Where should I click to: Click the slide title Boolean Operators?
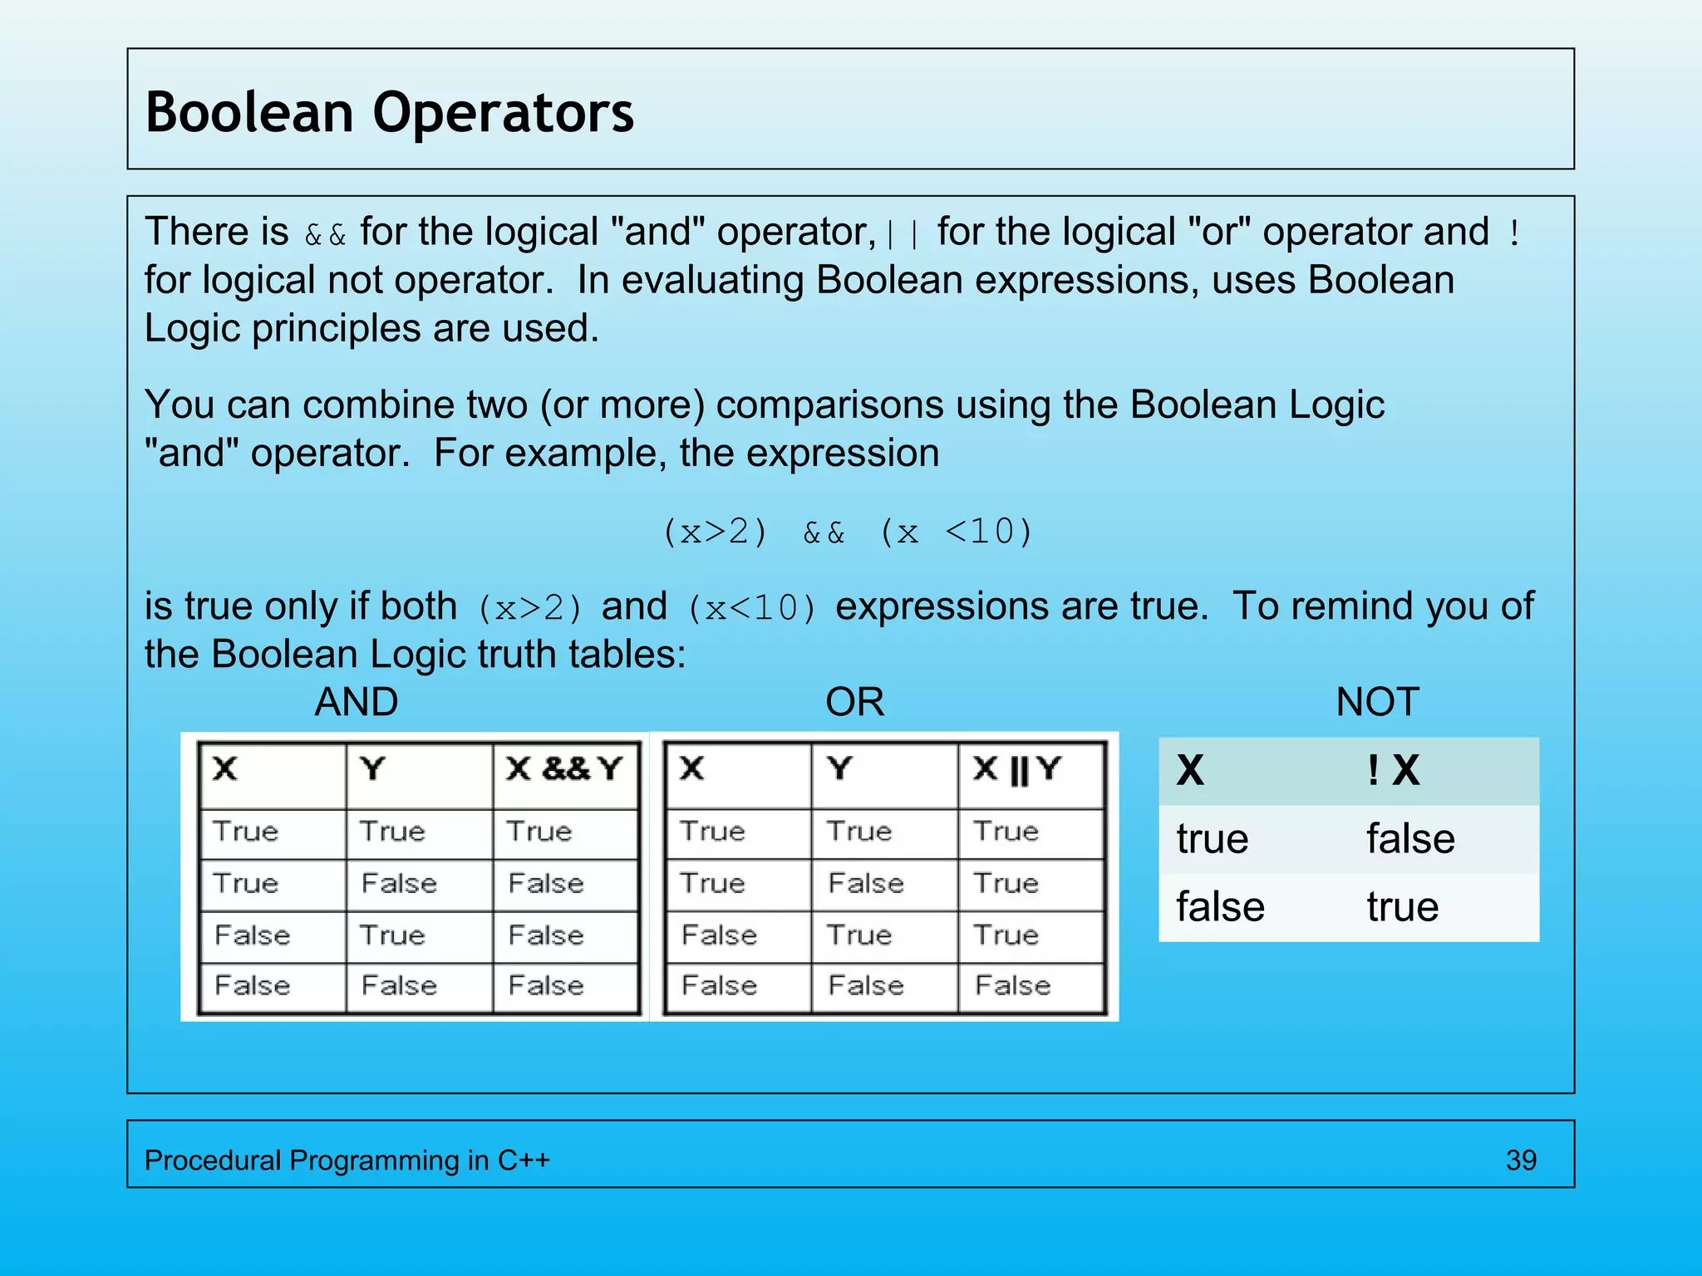[x=389, y=112]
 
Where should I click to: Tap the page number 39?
[x=1521, y=1160]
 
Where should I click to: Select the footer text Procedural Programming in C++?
[x=347, y=1160]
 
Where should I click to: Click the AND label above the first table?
[x=356, y=702]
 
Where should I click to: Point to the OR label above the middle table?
[x=854, y=702]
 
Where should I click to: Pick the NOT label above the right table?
[x=1377, y=702]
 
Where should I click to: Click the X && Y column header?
[x=564, y=769]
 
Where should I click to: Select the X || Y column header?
[x=1016, y=769]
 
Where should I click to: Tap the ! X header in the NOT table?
[x=1393, y=770]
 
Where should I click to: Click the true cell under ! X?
[x=1402, y=906]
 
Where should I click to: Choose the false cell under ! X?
[x=1410, y=838]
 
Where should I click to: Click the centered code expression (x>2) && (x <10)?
[x=847, y=532]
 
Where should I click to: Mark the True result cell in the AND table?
[x=539, y=832]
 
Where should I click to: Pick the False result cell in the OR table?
[x=1012, y=985]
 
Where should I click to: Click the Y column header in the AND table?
[x=373, y=769]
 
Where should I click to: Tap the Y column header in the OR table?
[x=840, y=769]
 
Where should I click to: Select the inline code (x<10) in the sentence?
[x=752, y=608]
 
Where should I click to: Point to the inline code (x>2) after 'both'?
[x=529, y=608]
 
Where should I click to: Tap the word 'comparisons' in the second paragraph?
[x=829, y=405]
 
